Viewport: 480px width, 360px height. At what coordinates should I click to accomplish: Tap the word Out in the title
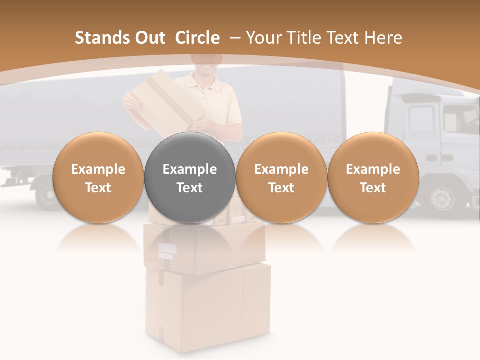pyautogui.click(x=149, y=38)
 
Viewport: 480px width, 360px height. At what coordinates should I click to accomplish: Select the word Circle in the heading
pyautogui.click(x=197, y=38)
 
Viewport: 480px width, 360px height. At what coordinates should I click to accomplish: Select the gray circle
pyautogui.click(x=190, y=178)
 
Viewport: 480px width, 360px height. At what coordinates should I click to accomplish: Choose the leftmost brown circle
pyautogui.click(x=98, y=178)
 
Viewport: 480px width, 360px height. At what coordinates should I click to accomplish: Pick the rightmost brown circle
pyautogui.click(x=373, y=178)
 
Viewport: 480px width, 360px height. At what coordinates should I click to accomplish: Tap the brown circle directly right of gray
pyautogui.click(x=281, y=178)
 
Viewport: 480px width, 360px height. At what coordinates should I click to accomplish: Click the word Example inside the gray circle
pyautogui.click(x=190, y=169)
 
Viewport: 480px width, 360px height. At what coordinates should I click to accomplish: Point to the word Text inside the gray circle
pyautogui.click(x=190, y=188)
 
